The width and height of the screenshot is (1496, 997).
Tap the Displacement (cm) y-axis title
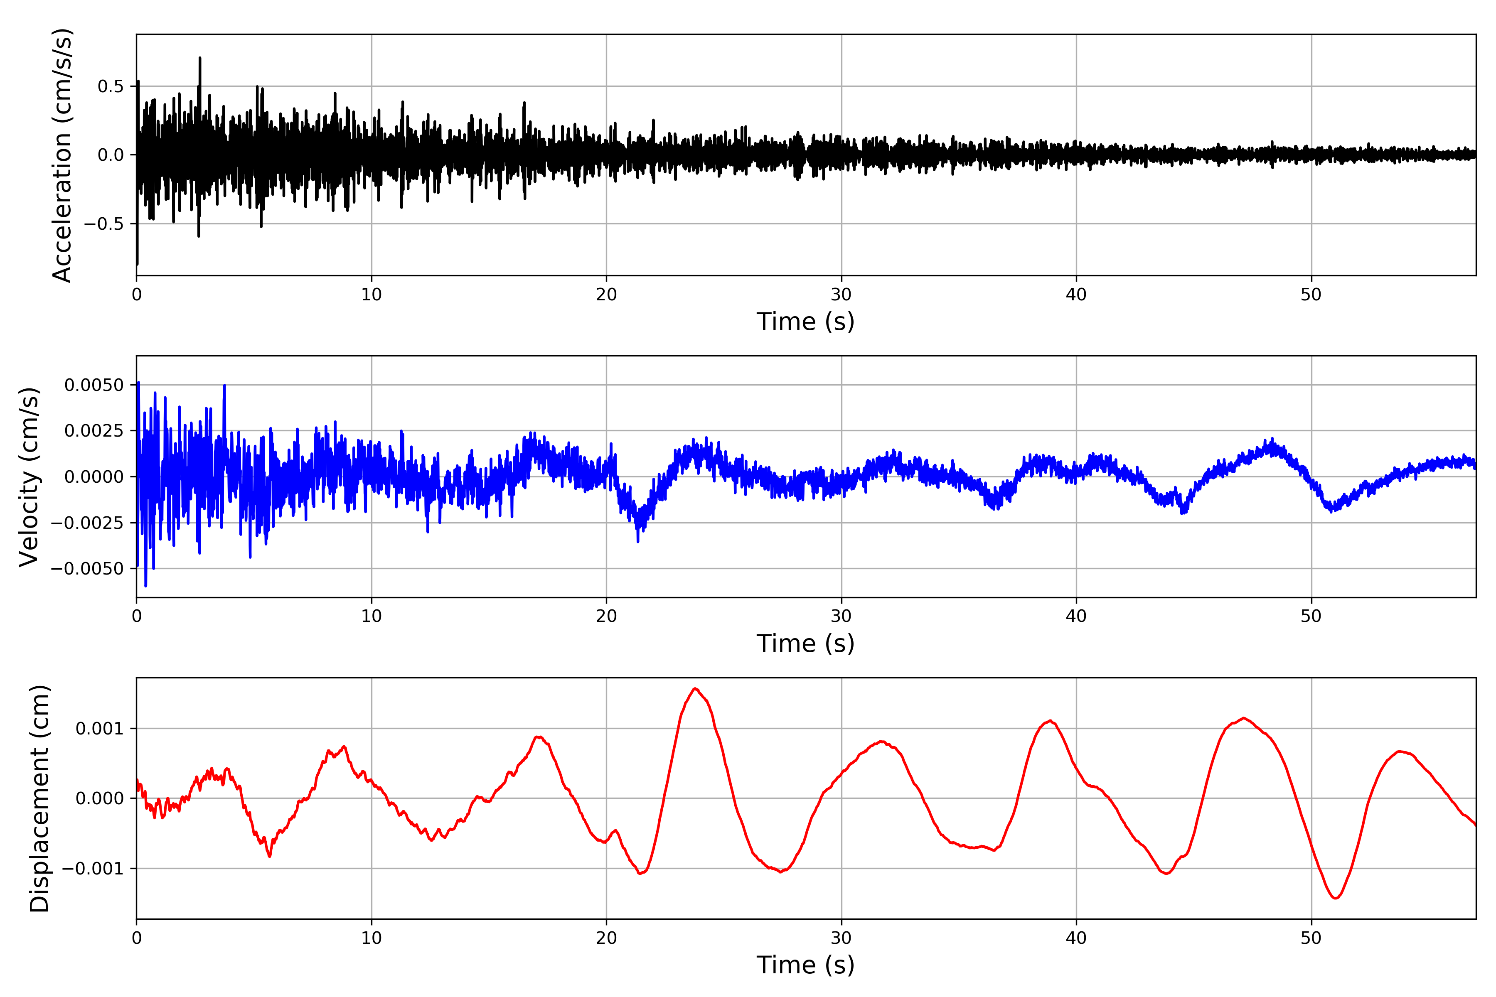click(x=39, y=798)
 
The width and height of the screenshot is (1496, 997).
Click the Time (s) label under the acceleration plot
click(x=805, y=322)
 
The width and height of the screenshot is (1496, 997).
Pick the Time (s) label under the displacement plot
click(x=805, y=965)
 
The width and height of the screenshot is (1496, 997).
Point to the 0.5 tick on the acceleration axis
click(x=111, y=86)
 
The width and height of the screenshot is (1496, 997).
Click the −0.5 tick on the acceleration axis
click(x=103, y=224)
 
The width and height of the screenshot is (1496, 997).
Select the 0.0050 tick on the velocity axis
click(x=94, y=386)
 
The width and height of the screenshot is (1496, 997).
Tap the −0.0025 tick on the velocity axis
click(x=87, y=523)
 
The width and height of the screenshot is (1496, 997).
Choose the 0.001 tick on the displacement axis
click(x=99, y=729)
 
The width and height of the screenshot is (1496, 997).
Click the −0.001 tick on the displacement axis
click(x=92, y=869)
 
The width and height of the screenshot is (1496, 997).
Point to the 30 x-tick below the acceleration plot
click(x=841, y=295)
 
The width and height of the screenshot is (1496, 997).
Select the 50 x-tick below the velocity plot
click(x=1311, y=616)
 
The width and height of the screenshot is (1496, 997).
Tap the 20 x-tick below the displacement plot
click(x=606, y=938)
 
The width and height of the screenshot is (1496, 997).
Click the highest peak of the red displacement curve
click(x=695, y=689)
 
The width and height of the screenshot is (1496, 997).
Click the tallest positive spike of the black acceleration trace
click(x=200, y=58)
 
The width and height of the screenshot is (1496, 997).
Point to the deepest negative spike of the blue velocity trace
click(x=146, y=586)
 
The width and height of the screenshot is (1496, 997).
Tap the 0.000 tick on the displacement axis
click(x=99, y=798)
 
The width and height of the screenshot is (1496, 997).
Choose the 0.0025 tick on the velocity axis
click(x=94, y=431)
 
